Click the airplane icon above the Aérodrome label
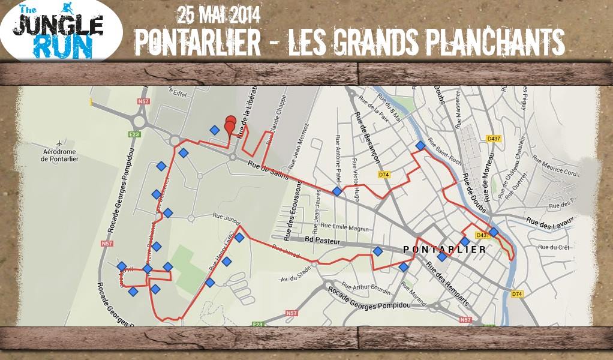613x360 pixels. [60, 144]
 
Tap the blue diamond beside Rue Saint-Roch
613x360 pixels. [420, 145]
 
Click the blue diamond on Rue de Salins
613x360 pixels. [337, 191]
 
